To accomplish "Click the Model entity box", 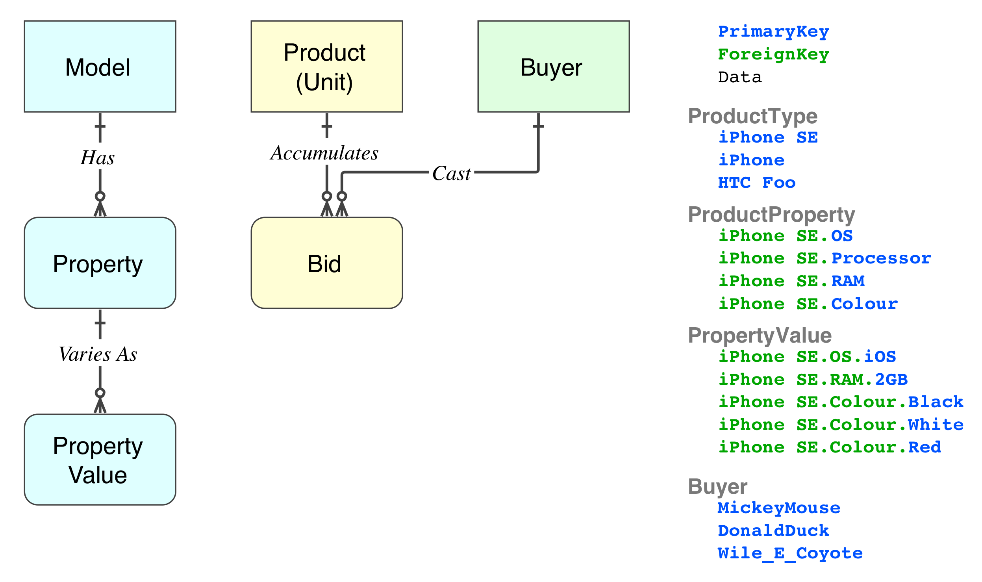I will coord(100,67).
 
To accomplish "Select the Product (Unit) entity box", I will coord(326,67).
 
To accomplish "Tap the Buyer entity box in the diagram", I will coord(553,67).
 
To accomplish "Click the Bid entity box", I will coord(326,263).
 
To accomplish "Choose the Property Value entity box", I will coord(100,460).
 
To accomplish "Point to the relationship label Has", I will coord(98,158).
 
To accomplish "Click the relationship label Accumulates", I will coord(324,153).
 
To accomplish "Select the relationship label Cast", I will coord(451,174).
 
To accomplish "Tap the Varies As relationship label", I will coord(98,354).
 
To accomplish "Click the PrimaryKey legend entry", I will coord(773,32).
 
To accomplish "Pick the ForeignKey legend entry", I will coord(773,54).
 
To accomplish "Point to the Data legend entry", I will coord(740,77).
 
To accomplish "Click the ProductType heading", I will coord(752,116).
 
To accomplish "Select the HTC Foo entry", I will coord(756,183).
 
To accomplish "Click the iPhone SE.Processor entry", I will coord(825,258).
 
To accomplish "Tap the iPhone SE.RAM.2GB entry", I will coord(813,380).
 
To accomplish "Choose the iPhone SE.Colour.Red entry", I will coord(830,447).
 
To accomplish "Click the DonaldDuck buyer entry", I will coord(773,531).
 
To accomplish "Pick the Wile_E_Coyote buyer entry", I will coord(790,554).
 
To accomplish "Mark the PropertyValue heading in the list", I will coord(760,335).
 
